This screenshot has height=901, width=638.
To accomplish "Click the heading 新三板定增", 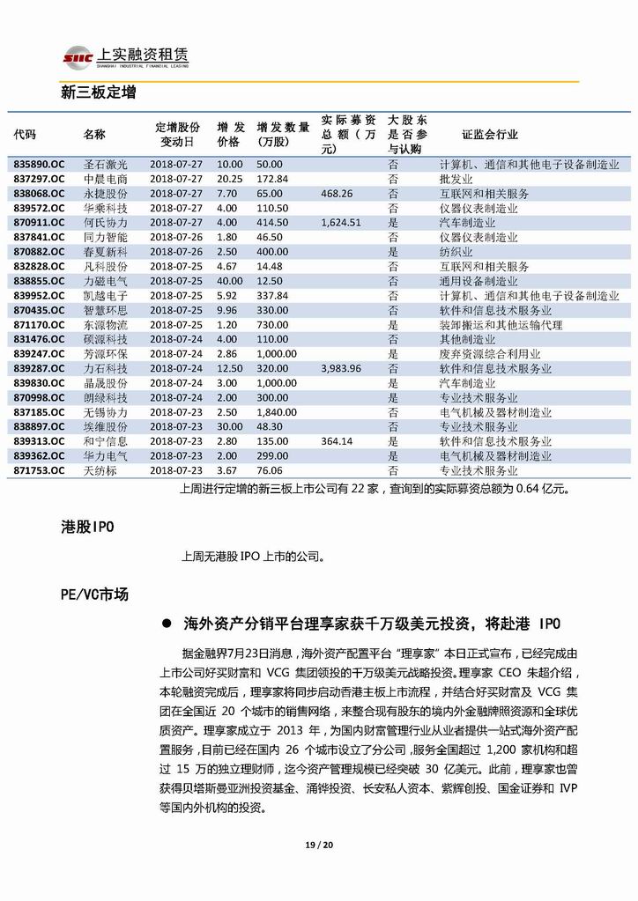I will pyautogui.click(x=98, y=92).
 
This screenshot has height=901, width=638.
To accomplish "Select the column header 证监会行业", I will pyautogui.click(x=490, y=135).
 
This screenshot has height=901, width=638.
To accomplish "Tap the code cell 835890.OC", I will pyautogui.click(x=39, y=165).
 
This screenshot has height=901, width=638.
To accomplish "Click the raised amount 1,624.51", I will pyautogui.click(x=342, y=223).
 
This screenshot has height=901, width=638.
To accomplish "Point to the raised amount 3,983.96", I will pyautogui.click(x=342, y=368).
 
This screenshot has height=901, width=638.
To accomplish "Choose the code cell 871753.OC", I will pyautogui.click(x=39, y=470).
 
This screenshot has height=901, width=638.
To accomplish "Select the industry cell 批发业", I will pyautogui.click(x=455, y=179).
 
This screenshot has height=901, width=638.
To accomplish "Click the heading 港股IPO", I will pyautogui.click(x=87, y=526).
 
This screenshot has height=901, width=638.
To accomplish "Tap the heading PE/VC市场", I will pyautogui.click(x=94, y=595).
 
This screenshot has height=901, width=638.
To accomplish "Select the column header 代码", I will pyautogui.click(x=25, y=135).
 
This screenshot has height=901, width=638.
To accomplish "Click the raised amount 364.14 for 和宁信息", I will pyautogui.click(x=338, y=441).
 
